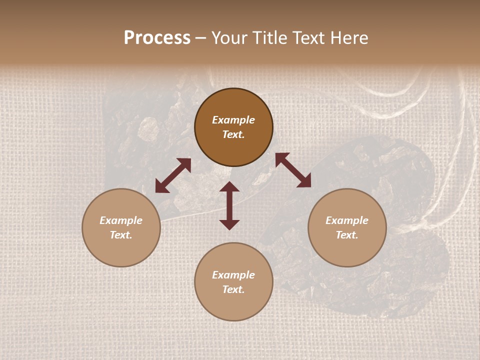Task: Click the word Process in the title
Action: (x=157, y=38)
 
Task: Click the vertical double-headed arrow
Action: (x=229, y=205)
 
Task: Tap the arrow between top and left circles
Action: (x=173, y=175)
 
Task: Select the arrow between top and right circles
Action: (x=293, y=170)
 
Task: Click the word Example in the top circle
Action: (x=233, y=120)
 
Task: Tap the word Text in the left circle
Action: (x=121, y=235)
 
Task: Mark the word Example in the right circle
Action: (x=347, y=220)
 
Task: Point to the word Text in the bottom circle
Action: (x=233, y=289)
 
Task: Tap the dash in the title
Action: (x=201, y=38)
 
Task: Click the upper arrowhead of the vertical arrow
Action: (x=229, y=186)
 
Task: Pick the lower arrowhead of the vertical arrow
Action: (x=229, y=224)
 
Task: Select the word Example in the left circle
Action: (x=121, y=220)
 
